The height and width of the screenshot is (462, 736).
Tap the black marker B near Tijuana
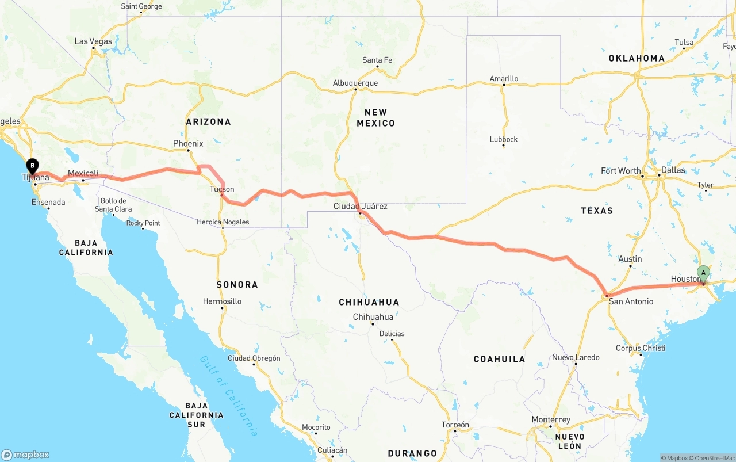33,166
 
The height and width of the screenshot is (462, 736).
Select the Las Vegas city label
94,41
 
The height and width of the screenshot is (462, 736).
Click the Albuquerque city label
355,83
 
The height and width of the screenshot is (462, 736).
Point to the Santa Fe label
377,60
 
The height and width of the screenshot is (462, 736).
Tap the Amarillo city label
504,79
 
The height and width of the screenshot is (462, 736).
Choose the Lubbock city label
504,139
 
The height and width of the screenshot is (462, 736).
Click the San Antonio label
631,301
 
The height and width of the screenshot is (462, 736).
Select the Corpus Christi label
641,348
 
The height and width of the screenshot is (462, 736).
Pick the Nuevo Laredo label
576,357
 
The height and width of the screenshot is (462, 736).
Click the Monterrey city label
551,419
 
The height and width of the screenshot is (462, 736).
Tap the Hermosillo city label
222,301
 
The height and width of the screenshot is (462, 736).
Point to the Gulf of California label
229,395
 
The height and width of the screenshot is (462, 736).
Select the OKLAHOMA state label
637,58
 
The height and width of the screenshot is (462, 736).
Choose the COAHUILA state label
499,359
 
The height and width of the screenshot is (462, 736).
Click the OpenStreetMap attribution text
713,458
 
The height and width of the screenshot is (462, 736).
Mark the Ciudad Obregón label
254,358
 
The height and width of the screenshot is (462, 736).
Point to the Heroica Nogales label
223,222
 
